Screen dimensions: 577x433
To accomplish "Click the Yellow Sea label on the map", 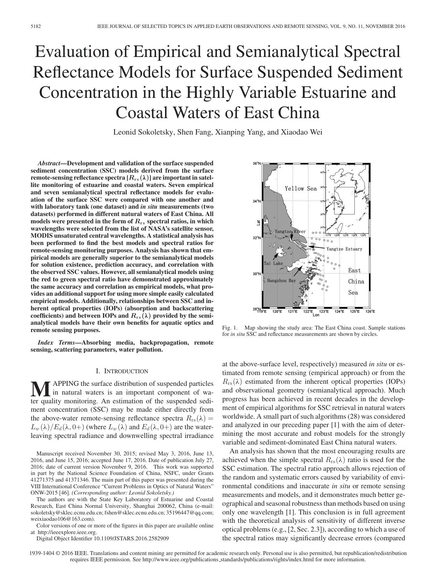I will tap(300, 189).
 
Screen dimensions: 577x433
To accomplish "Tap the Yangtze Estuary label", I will tap(344, 249).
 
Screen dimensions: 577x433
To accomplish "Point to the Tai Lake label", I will tap(273, 263).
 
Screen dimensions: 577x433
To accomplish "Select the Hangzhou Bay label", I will tap(281, 280).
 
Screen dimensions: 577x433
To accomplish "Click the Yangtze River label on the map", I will tap(290, 231).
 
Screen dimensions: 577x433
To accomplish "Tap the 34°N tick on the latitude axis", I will tap(257, 201).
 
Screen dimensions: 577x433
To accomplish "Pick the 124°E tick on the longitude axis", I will tap(339, 311).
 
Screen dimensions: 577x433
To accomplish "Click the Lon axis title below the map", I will tap(316, 315).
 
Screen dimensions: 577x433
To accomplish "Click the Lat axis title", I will tap(258, 222).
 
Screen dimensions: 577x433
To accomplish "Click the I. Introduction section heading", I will tap(122, 371).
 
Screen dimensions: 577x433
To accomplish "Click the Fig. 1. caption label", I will tap(229, 328).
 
